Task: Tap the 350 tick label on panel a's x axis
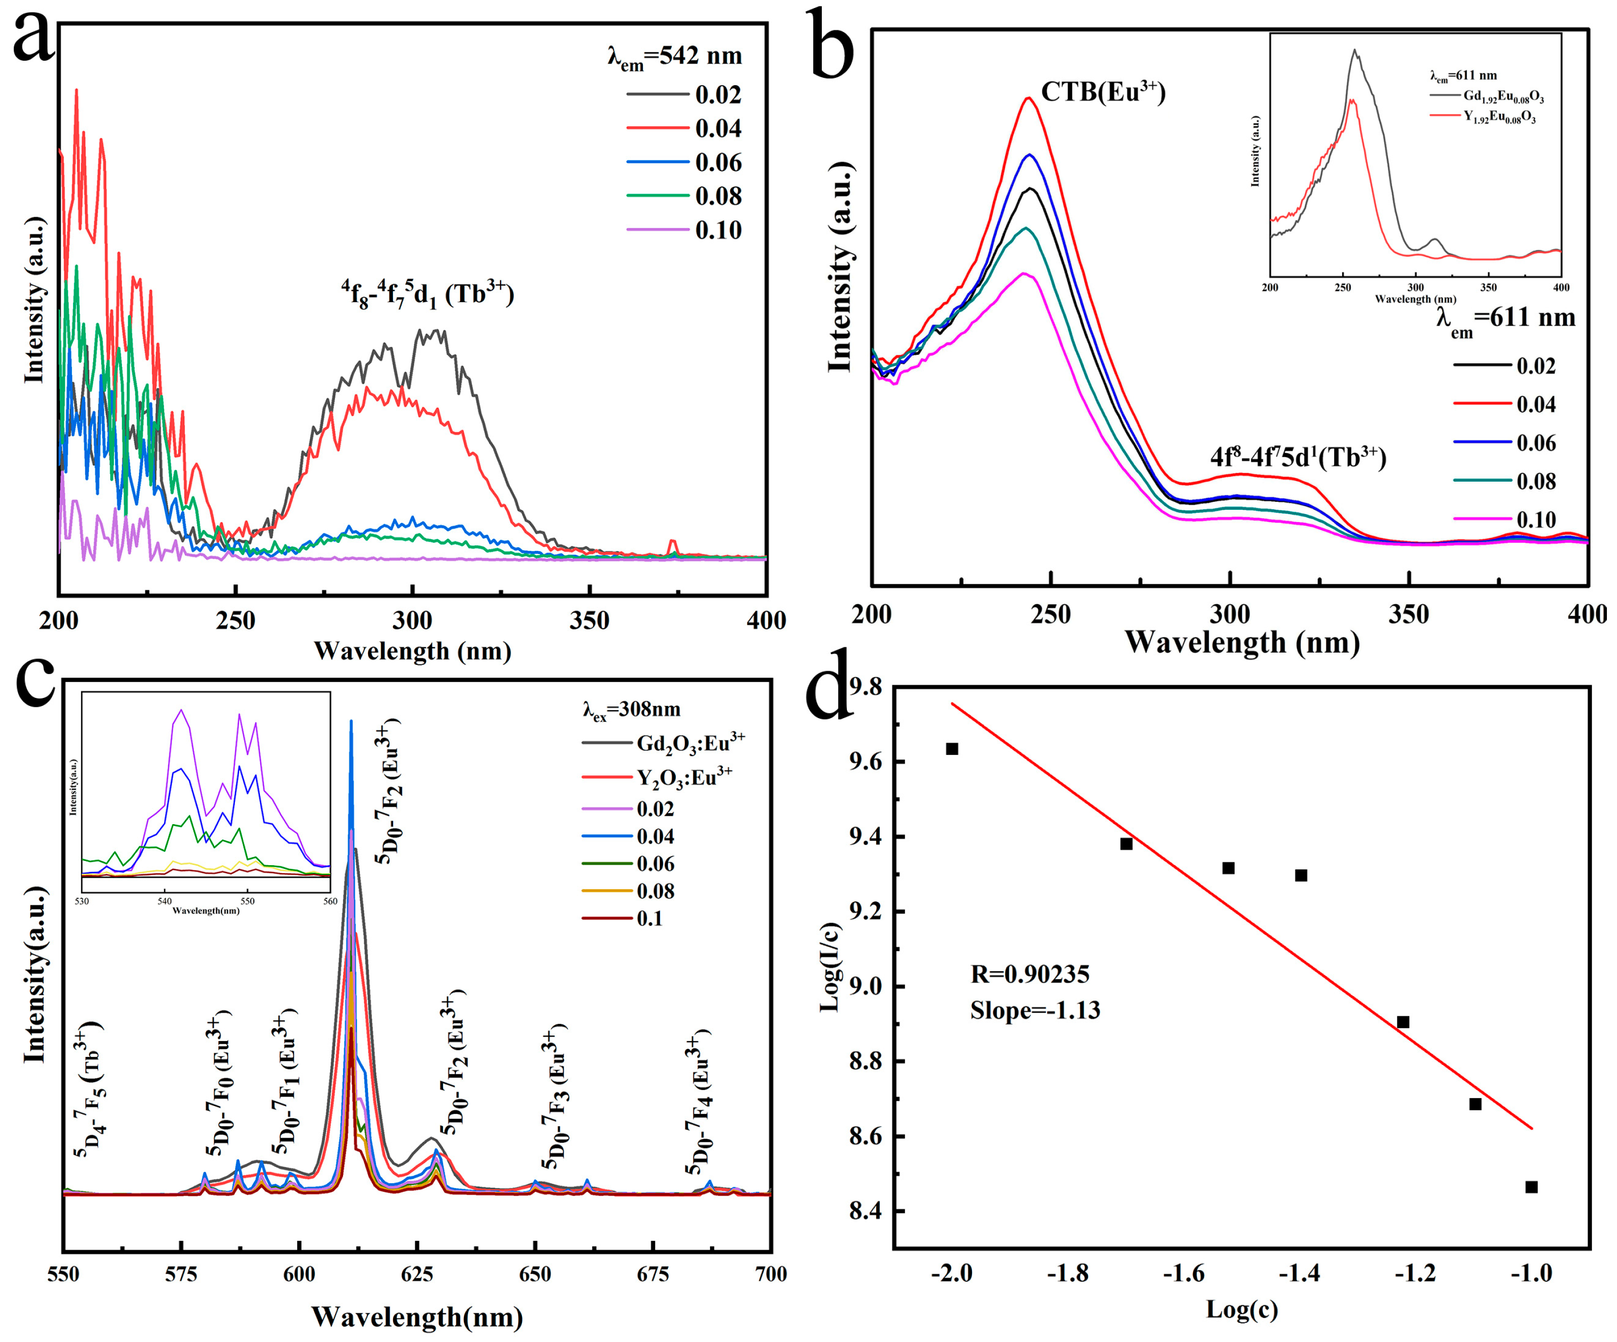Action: click(589, 621)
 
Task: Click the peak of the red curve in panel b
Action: click(1027, 98)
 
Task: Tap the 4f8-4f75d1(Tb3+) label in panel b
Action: click(1297, 458)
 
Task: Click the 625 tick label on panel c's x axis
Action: click(416, 1274)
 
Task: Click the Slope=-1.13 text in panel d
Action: click(1035, 1010)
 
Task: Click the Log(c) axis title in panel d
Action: click(1241, 1309)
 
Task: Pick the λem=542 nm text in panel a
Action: click(674, 57)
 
